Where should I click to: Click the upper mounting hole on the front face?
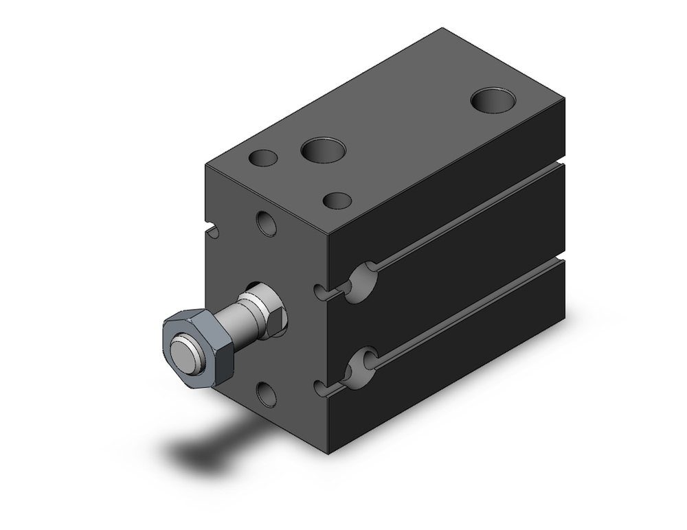pos(267,223)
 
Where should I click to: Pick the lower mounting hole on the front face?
pos(267,393)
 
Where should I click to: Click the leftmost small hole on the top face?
pos(262,159)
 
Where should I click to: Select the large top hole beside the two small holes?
pos(323,150)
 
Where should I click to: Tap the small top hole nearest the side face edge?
pos(337,200)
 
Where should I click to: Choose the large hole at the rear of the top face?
pos(494,99)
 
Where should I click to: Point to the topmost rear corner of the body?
pos(442,29)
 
